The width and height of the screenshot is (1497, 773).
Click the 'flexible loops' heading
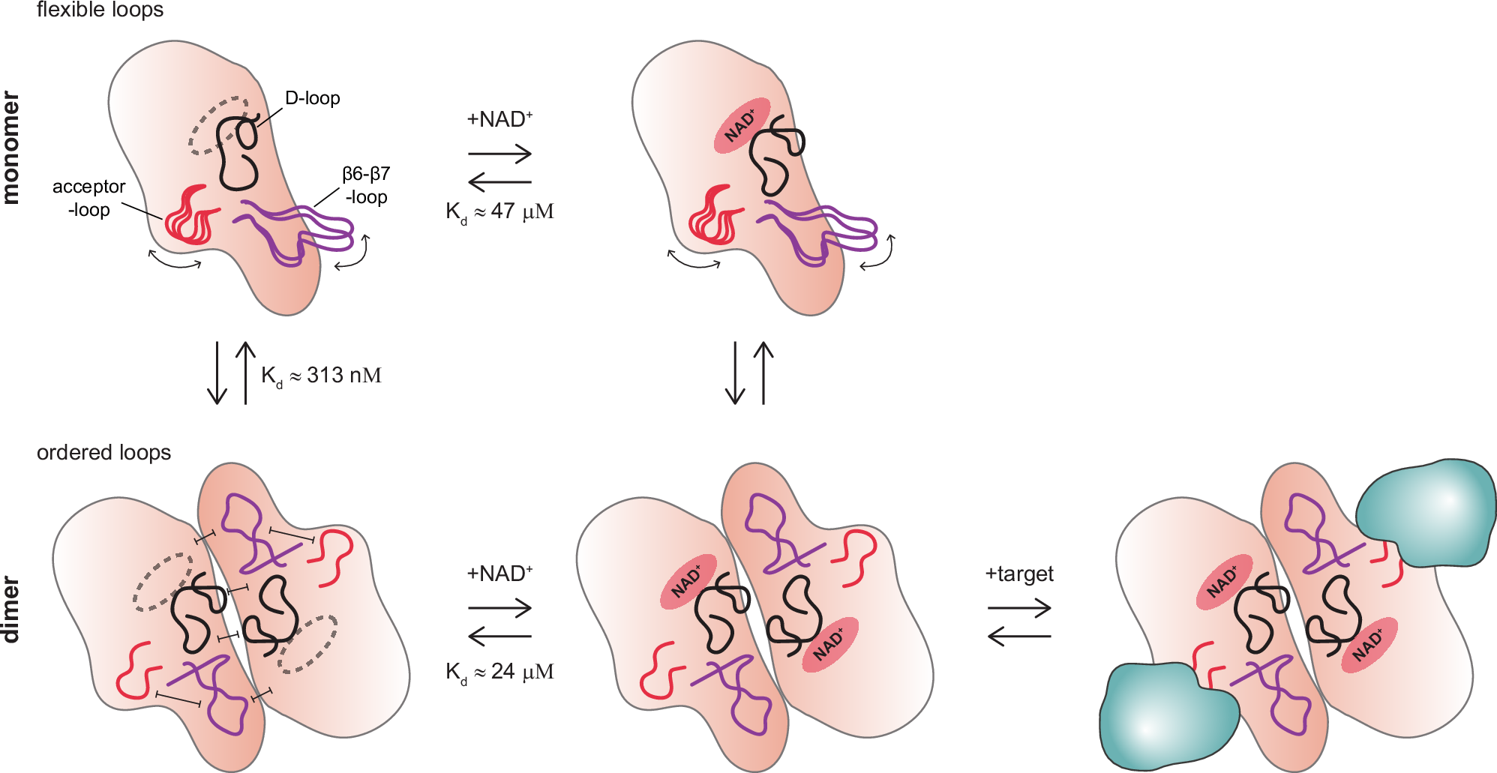(100, 10)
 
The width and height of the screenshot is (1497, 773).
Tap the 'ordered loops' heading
(103, 453)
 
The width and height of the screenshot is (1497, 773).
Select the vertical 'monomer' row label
(10, 148)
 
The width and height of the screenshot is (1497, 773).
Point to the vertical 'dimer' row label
(10, 609)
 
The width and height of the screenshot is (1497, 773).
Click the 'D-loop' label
(312, 98)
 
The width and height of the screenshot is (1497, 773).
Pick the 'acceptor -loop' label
(88, 198)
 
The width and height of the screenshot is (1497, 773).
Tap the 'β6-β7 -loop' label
(366, 185)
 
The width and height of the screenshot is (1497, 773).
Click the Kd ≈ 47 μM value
(499, 212)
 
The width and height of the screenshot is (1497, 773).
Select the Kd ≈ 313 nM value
(321, 376)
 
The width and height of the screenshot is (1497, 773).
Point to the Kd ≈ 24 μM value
(499, 672)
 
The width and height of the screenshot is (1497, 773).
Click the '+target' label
(1019, 574)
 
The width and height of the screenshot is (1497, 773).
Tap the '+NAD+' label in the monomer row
(499, 119)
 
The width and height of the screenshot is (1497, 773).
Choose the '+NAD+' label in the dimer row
(499, 574)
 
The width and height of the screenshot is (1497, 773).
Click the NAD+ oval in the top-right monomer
(742, 125)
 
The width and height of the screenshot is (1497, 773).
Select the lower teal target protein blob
(1167, 718)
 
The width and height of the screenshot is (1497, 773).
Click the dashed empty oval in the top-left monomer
(217, 124)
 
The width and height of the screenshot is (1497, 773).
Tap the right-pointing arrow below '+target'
(1019, 609)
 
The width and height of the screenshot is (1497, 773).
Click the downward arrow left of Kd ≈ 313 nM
(217, 373)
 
